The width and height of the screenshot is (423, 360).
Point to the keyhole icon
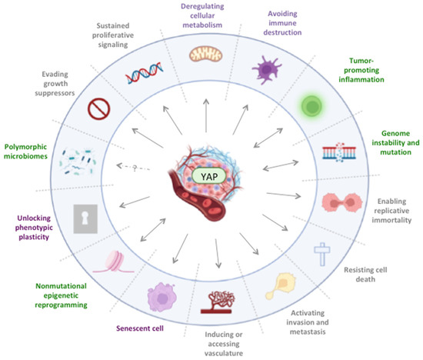coord(86,220)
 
